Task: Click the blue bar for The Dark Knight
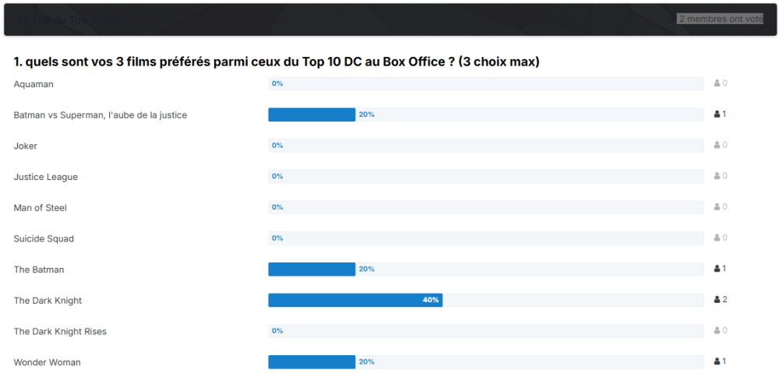tap(355, 300)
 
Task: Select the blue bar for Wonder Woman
tap(312, 361)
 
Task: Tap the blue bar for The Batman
tap(312, 269)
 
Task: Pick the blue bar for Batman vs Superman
tap(312, 114)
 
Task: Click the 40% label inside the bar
tap(431, 300)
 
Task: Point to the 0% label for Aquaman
tap(277, 83)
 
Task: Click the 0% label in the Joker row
tap(277, 146)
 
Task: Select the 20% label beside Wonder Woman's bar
tap(367, 361)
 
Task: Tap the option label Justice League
tap(45, 177)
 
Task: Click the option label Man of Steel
tap(40, 208)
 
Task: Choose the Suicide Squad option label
tap(44, 238)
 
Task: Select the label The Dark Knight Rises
tap(60, 331)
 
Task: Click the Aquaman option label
tap(33, 84)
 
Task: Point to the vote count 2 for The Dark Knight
tap(724, 300)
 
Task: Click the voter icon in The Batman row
tap(717, 269)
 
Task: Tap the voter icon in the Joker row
tap(717, 146)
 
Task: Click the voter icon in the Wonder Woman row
tap(717, 361)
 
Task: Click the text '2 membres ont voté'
tap(720, 19)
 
